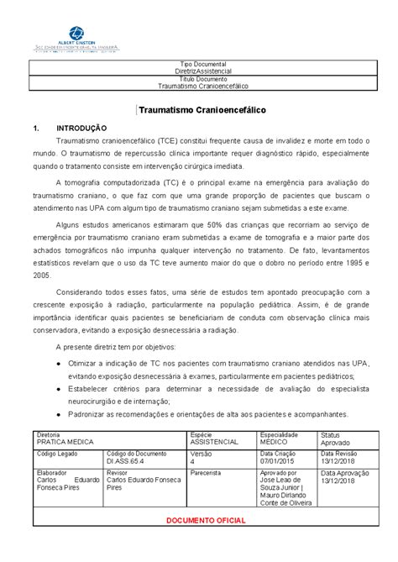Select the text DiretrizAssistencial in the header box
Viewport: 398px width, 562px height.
(198, 71)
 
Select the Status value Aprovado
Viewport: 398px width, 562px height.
(337, 441)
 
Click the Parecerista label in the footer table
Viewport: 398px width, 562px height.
(207, 473)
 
